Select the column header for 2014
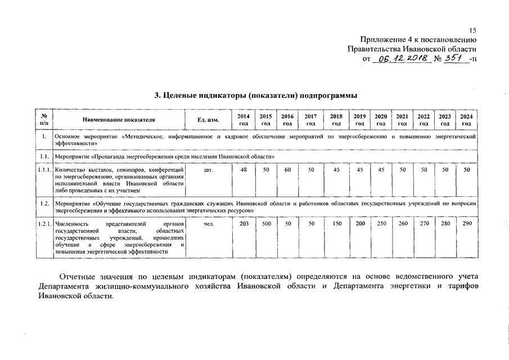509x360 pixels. click(x=244, y=119)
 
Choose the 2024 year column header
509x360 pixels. click(x=466, y=119)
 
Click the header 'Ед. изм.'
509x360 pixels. click(x=208, y=120)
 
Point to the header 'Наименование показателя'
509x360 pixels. click(x=118, y=120)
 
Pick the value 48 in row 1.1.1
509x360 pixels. click(x=244, y=169)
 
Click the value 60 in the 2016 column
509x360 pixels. click(x=287, y=169)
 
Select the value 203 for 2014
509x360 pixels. click(x=244, y=223)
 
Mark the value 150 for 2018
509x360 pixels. click(x=336, y=223)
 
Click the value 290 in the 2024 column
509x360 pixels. click(x=466, y=223)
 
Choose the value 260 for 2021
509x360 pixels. click(x=402, y=223)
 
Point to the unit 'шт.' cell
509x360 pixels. click(x=208, y=169)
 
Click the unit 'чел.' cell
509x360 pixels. click(x=208, y=223)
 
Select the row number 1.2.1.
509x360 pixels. click(x=44, y=224)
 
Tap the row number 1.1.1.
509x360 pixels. click(x=44, y=169)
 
